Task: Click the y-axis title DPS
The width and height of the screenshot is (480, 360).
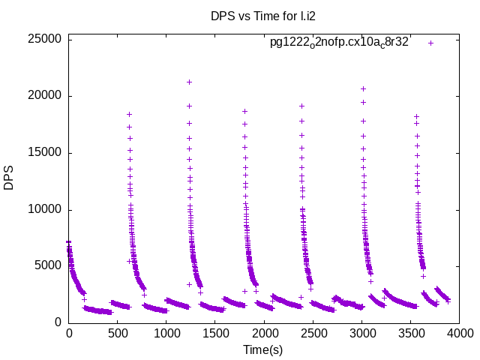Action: click(x=9, y=178)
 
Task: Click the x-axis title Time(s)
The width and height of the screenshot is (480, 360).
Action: click(x=262, y=349)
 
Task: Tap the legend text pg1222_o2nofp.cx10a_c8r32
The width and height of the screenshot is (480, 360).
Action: click(x=339, y=42)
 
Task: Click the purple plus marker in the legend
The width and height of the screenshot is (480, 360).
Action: click(x=430, y=43)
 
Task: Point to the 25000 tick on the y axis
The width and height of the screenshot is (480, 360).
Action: click(x=45, y=39)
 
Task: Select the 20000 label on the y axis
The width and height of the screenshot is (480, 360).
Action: click(x=45, y=96)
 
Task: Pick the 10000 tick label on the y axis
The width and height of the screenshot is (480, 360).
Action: click(x=45, y=209)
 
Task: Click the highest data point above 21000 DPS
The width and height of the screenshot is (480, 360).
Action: click(x=189, y=82)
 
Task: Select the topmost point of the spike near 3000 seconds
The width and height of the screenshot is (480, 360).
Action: click(x=364, y=88)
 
